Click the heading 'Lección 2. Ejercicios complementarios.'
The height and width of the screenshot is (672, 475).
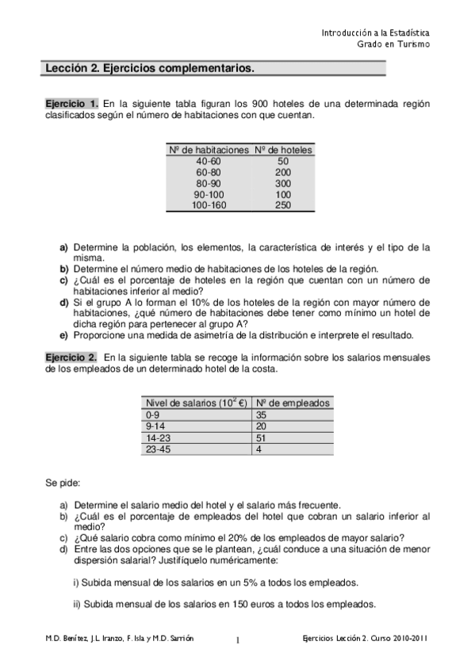(x=150, y=69)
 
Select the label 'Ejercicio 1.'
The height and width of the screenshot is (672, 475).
(x=71, y=104)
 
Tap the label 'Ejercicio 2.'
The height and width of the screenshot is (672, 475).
(x=71, y=357)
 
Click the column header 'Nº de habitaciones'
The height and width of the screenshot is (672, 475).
(x=208, y=150)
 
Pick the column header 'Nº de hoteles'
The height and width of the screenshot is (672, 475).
(x=283, y=150)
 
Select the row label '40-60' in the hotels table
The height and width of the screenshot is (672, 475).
(x=208, y=161)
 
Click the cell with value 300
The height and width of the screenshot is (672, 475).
(x=283, y=183)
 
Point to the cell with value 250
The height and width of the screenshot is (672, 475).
(x=283, y=205)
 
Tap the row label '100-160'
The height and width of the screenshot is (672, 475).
(x=208, y=205)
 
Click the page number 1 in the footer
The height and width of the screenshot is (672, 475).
(x=237, y=640)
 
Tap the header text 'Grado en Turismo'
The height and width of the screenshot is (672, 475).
(x=393, y=44)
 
